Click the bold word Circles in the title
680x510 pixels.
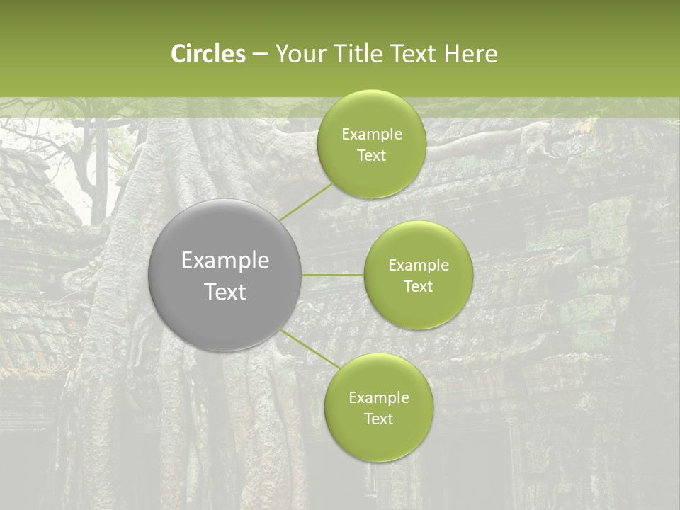[208, 54]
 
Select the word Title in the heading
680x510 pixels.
[359, 54]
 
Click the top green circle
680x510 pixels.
[371, 144]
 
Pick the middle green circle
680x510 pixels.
[418, 275]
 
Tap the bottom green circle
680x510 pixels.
[378, 407]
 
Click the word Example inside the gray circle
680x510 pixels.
[225, 261]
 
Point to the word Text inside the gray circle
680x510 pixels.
[225, 292]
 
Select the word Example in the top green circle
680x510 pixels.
[372, 135]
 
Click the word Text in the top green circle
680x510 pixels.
[371, 156]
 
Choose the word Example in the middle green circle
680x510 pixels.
[419, 266]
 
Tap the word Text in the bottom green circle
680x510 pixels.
[378, 419]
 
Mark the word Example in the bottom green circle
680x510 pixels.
[379, 398]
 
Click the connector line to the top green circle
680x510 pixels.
[306, 202]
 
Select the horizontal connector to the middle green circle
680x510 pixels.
[333, 275]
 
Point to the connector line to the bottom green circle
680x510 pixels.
[309, 348]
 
